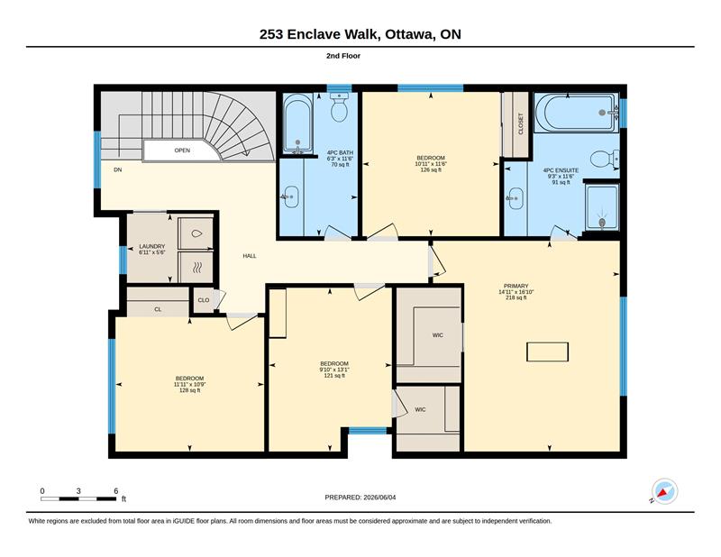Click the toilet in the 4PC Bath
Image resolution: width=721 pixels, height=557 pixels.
[339, 107]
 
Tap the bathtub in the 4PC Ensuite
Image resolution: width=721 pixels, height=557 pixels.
[576, 113]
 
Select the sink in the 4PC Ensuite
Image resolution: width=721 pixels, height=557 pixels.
[516, 198]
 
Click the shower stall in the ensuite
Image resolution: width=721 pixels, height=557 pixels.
[602, 207]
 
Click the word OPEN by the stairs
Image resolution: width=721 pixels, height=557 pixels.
[182, 151]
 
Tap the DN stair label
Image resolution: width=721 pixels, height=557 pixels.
[118, 169]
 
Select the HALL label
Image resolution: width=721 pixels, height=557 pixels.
[250, 256]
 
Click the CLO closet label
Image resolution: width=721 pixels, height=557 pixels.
[204, 300]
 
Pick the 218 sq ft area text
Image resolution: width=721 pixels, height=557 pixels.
[516, 297]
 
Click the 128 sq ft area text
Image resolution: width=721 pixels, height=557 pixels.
[189, 390]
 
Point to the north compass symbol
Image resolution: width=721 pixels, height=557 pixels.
[664, 492]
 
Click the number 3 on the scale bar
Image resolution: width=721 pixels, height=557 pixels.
[78, 491]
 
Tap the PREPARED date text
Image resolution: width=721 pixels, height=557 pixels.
[360, 498]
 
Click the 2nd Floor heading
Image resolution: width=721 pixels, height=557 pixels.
[343, 56]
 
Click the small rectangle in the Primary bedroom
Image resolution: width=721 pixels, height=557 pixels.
[547, 352]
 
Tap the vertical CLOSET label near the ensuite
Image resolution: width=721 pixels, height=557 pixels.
[521, 123]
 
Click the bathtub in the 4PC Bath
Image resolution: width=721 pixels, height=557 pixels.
[297, 123]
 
